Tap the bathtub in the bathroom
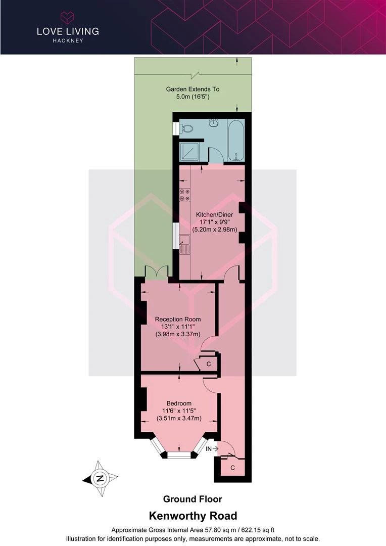pos(236,141)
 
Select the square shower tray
pos(189,152)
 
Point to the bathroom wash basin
pos(213,123)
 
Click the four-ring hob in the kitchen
pos(185,195)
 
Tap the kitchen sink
pos(184,244)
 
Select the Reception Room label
pos(178,320)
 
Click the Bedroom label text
pos(179,403)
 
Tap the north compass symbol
pos(100,478)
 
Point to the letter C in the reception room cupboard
pos(209,364)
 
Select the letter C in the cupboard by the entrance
pos(232,468)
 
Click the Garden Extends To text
pos(192,89)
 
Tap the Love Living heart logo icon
pos(68,17)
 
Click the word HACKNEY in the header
pos(68,40)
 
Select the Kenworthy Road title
pos(193,516)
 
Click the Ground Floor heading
pos(192,499)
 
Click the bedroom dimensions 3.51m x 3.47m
pos(179,418)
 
